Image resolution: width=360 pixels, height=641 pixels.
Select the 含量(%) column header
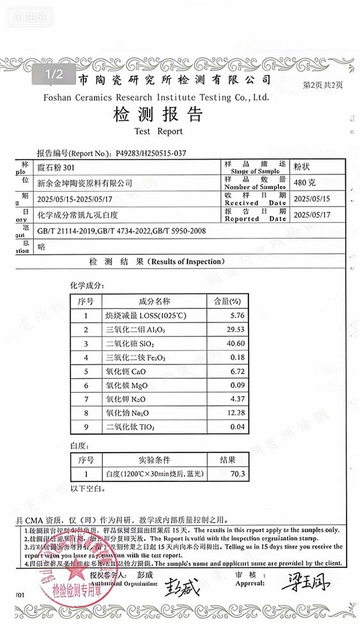[x=227, y=301]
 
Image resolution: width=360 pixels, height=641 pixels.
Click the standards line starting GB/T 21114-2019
[x=122, y=230]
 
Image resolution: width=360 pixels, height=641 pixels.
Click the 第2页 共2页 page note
[x=323, y=84]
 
